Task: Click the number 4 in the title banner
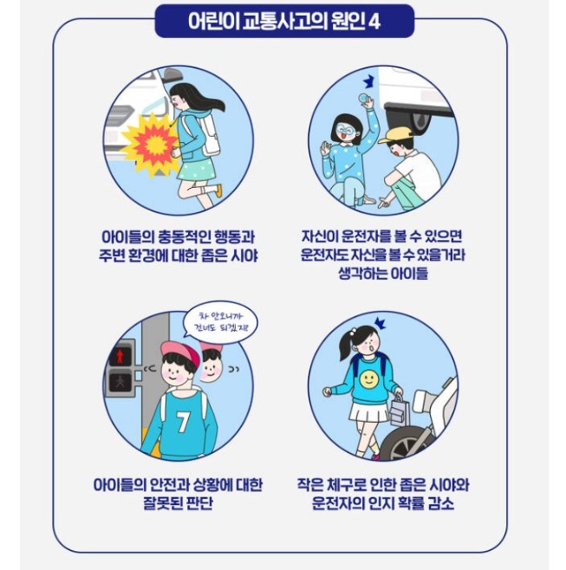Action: (x=374, y=22)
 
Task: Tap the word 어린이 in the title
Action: (x=214, y=22)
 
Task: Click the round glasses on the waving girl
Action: (x=346, y=129)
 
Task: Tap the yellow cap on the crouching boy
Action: (x=395, y=135)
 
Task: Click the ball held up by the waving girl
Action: (x=365, y=97)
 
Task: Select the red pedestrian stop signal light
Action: (x=120, y=357)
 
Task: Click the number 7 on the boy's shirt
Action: (x=183, y=421)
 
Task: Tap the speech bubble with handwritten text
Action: (x=221, y=323)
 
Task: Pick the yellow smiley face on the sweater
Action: (x=369, y=379)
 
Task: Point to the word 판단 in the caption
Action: (x=199, y=503)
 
